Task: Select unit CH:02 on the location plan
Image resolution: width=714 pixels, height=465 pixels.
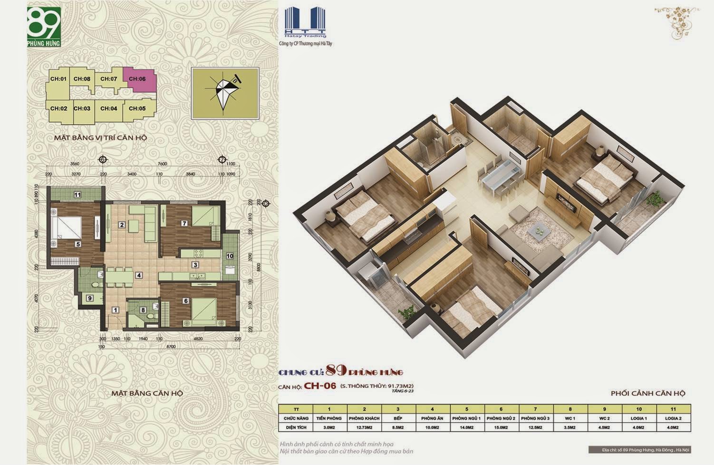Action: pos(58,109)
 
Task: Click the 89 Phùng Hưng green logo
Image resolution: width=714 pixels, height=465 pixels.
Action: pos(44,27)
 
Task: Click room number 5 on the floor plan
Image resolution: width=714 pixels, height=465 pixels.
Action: pos(78,244)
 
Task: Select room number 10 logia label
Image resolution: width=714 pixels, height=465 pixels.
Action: pos(230,256)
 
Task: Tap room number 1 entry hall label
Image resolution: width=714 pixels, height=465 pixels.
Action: pos(115,310)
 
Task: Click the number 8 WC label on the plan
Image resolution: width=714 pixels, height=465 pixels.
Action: pos(143,310)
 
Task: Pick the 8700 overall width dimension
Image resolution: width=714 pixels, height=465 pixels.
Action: pos(171,346)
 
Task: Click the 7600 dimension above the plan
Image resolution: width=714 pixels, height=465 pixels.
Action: pos(162,164)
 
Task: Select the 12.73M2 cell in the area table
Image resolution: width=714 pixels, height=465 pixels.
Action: pos(364,427)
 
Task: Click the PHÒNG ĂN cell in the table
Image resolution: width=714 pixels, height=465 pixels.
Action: pos(433,418)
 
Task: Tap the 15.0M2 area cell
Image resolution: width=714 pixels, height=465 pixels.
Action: pos(502,427)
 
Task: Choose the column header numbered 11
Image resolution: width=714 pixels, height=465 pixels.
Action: pos(673,409)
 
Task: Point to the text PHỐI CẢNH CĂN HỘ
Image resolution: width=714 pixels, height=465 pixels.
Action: pos(648,393)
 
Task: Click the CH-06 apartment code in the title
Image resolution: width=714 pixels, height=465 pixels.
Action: pos(320,386)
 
